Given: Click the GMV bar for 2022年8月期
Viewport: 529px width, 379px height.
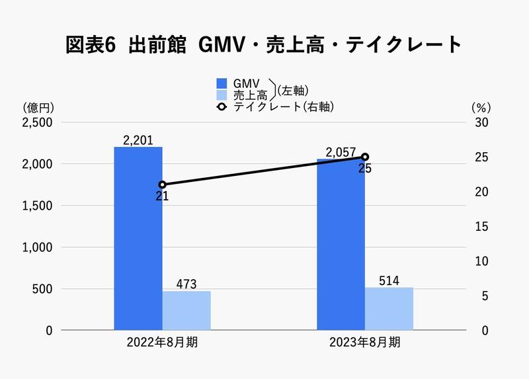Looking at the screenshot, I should tap(138, 238).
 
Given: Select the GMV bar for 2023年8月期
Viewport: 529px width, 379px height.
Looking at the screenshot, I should tap(341, 244).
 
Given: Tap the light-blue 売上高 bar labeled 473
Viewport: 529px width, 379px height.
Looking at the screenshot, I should tap(186, 310).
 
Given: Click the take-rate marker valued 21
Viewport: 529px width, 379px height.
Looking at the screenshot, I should tap(163, 185).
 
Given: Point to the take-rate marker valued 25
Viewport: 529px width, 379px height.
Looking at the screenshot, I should tap(365, 157).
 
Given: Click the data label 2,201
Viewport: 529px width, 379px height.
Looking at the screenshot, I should tap(138, 140).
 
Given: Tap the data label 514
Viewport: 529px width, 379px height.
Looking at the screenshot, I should tap(389, 280).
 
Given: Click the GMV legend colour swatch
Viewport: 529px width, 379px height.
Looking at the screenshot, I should tap(222, 83).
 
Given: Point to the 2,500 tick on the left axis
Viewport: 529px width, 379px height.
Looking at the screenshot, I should tap(39, 123).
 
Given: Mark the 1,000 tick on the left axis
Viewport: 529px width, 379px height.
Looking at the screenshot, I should tap(39, 247).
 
